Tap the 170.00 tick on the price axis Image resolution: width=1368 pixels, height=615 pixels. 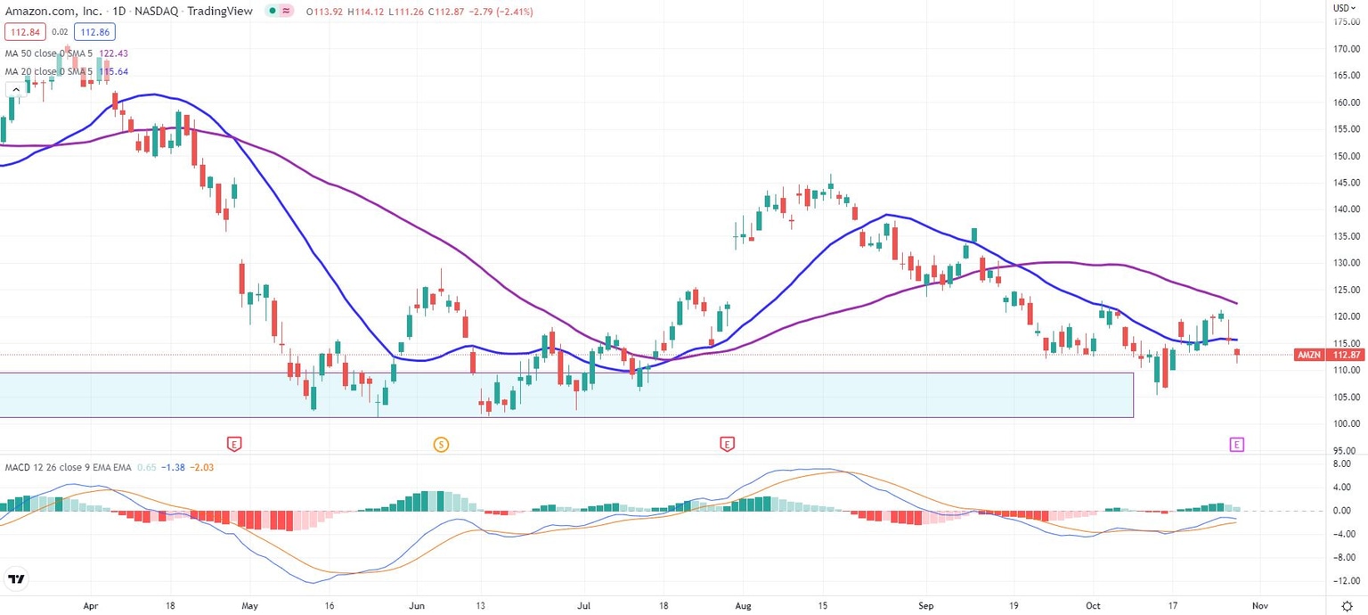coord(1346,49)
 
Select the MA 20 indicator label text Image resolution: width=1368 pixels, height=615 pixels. coord(49,71)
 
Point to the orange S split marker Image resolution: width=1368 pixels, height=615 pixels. coord(440,443)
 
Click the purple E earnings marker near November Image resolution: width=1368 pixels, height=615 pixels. coord(1236,443)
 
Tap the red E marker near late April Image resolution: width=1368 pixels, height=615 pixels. coord(234,443)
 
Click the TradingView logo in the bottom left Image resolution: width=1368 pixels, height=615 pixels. coord(15,579)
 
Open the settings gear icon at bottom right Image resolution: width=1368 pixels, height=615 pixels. coord(1347,604)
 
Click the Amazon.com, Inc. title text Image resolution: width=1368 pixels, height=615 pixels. coord(53,12)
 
